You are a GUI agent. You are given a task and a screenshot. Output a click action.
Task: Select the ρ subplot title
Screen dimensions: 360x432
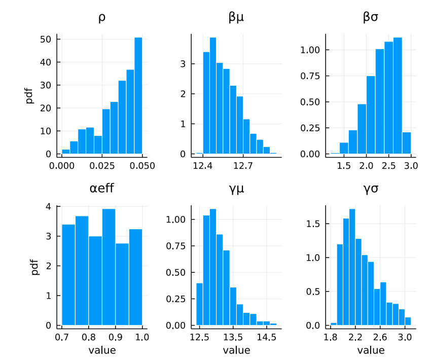(x=102, y=18)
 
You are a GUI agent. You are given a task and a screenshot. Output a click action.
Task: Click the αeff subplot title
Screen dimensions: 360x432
(x=102, y=189)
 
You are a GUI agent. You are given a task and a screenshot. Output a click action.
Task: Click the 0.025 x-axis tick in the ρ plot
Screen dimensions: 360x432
(x=102, y=165)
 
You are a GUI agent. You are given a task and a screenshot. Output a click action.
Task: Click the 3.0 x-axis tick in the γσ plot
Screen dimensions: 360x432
(x=404, y=337)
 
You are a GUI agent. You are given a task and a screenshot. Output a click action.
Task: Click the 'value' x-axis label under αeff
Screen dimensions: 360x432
(x=102, y=350)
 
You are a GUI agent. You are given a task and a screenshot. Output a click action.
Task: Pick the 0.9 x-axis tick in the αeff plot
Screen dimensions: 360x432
(x=115, y=337)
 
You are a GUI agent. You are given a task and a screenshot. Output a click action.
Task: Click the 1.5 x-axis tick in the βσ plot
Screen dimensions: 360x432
(x=344, y=165)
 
